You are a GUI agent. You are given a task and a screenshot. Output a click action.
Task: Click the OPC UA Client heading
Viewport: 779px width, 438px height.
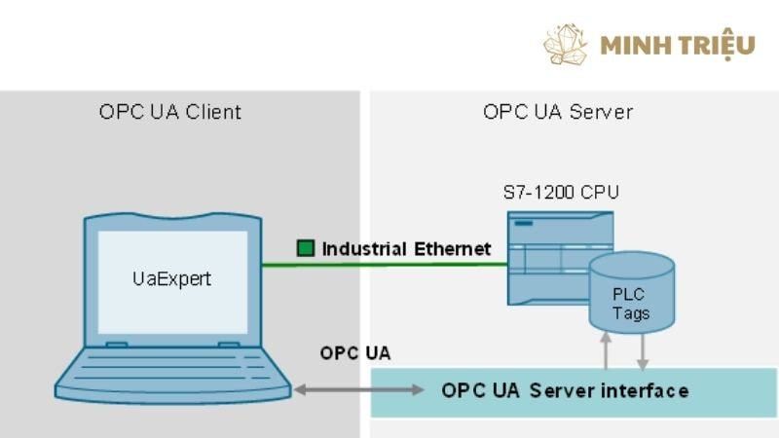click(x=169, y=112)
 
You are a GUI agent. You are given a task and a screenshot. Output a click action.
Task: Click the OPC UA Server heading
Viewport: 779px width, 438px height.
click(x=558, y=112)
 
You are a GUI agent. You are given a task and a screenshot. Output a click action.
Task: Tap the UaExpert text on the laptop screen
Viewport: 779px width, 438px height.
click(x=171, y=278)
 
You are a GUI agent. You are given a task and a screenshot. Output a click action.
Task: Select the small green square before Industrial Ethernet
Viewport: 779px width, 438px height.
click(x=306, y=248)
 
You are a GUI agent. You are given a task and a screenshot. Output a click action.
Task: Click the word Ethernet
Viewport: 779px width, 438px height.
click(x=453, y=248)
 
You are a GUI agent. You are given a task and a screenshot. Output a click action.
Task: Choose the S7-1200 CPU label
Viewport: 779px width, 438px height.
click(x=561, y=192)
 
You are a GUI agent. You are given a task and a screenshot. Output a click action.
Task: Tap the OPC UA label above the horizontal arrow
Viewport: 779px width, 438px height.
click(x=355, y=353)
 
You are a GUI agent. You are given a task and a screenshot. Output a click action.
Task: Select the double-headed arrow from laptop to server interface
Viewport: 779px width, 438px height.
click(x=359, y=390)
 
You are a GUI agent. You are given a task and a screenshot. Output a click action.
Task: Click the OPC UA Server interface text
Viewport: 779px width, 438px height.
click(x=565, y=390)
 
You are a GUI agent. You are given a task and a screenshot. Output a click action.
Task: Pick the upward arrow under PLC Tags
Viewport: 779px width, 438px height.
click(x=607, y=350)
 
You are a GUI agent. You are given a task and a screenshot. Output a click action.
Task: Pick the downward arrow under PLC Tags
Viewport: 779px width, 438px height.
click(x=642, y=350)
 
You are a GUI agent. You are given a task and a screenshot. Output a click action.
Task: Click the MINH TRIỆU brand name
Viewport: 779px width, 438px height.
click(x=678, y=45)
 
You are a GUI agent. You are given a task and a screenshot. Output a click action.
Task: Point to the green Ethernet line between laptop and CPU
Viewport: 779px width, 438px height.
click(x=389, y=263)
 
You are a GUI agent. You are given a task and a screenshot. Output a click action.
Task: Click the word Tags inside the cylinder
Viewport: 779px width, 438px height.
click(x=631, y=313)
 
